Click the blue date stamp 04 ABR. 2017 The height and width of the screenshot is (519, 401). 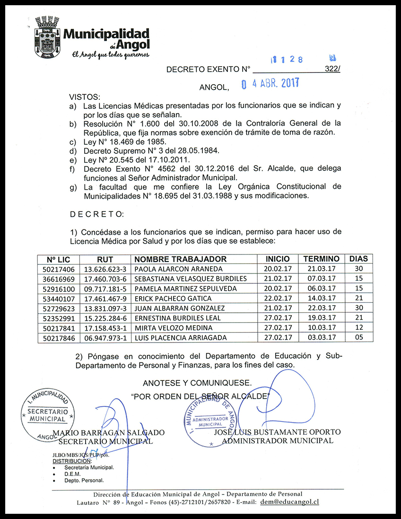click(270, 84)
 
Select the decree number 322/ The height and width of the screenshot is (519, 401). click(332, 69)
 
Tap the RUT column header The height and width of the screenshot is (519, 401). click(105, 259)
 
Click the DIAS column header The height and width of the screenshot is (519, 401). click(358, 259)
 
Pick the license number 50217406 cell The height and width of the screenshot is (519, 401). click(59, 269)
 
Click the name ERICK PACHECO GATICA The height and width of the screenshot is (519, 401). click(173, 299)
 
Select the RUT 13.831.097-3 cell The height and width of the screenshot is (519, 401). click(105, 308)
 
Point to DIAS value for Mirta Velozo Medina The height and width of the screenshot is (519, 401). click(358, 328)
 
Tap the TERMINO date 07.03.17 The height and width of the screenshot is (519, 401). click(321, 279)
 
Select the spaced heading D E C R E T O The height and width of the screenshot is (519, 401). click(96, 214)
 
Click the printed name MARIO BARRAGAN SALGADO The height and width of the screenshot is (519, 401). click(109, 433)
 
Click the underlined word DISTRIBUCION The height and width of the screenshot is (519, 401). click(71, 461)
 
